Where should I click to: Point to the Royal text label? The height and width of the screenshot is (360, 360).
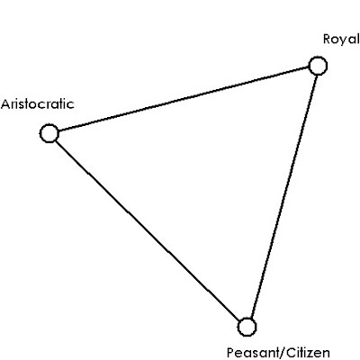[x=341, y=40]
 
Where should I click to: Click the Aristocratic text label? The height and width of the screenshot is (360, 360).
[x=38, y=104]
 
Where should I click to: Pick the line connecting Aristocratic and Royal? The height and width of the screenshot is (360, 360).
[x=184, y=100]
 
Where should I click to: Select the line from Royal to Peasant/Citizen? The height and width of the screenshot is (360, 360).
[x=283, y=195]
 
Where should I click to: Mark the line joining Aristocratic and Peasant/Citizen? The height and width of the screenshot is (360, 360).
[x=147, y=229]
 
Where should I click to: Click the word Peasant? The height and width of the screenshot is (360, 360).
[x=254, y=353]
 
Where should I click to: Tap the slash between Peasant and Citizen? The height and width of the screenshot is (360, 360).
[x=284, y=353]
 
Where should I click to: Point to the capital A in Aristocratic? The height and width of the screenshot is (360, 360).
[x=6, y=104]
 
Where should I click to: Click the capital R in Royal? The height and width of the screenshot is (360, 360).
[x=328, y=40]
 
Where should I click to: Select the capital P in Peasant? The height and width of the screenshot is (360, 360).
[x=231, y=353]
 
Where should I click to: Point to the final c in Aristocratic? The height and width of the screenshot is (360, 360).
[x=70, y=105]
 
